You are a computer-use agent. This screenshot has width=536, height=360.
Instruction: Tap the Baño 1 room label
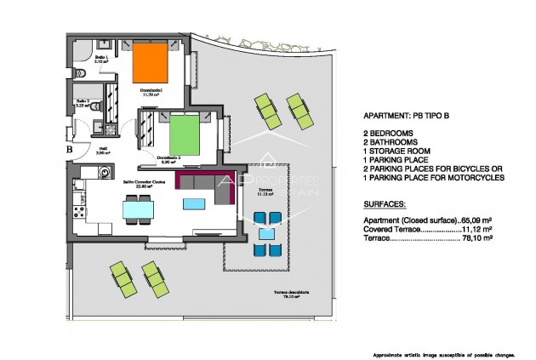click(x=100, y=60)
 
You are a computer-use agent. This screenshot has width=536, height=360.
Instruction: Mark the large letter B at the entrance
click(x=69, y=151)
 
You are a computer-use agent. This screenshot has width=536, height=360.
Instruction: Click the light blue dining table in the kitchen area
click(x=138, y=208)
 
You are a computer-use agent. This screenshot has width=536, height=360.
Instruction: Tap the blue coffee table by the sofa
click(x=193, y=204)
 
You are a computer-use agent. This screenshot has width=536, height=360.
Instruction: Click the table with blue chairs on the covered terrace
click(x=266, y=234)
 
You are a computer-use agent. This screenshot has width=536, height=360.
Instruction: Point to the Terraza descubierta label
click(x=290, y=294)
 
